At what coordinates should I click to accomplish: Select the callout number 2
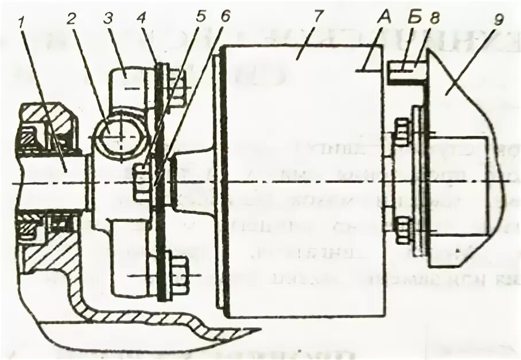[x=71, y=17]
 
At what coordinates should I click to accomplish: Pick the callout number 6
[x=225, y=16]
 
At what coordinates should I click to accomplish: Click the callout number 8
[x=434, y=17]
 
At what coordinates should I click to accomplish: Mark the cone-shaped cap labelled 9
[x=462, y=143]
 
